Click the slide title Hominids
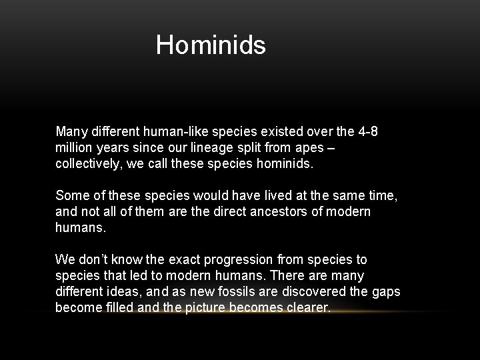coord(211,45)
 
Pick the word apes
coord(312,147)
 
